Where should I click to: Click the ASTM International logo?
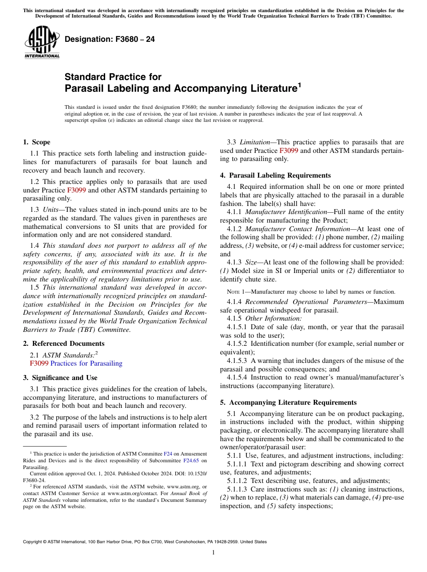pos(42,42)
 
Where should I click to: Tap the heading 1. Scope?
pos(36,142)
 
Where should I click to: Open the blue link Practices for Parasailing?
pos(86,363)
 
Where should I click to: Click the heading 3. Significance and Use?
pos(60,378)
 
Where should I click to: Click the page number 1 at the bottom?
pos(213,553)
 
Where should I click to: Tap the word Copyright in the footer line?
pos(36,542)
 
